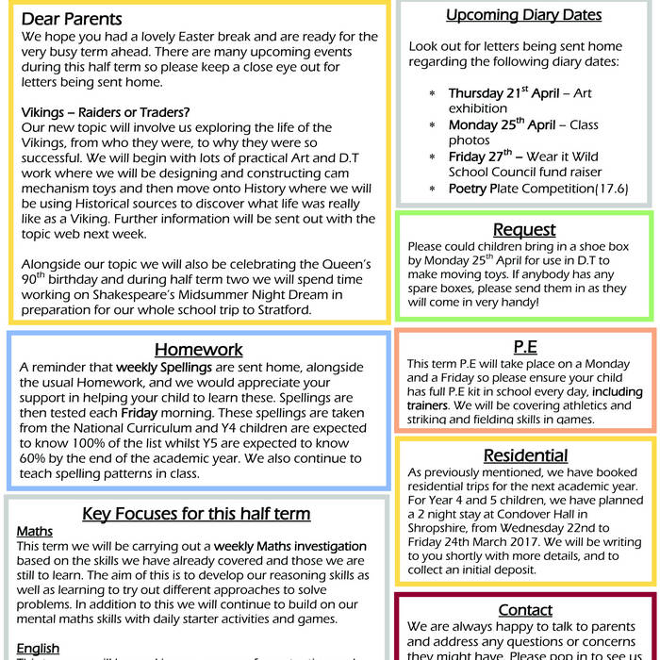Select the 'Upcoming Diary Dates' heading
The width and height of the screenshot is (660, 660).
coord(523,14)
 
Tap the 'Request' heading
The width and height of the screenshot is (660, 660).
coord(524,230)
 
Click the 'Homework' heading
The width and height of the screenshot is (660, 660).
coord(199,350)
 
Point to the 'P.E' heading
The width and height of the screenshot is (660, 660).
coord(525,345)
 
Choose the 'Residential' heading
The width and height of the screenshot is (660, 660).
coord(525,455)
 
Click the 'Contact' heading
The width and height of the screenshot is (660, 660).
coord(525,610)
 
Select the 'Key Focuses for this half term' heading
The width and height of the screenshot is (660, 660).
coord(196,514)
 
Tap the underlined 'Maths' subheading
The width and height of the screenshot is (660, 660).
coord(35,532)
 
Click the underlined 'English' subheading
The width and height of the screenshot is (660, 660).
coord(39,649)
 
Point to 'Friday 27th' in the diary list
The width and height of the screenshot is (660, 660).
coord(480,157)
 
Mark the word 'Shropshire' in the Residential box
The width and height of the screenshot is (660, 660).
coord(444,530)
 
